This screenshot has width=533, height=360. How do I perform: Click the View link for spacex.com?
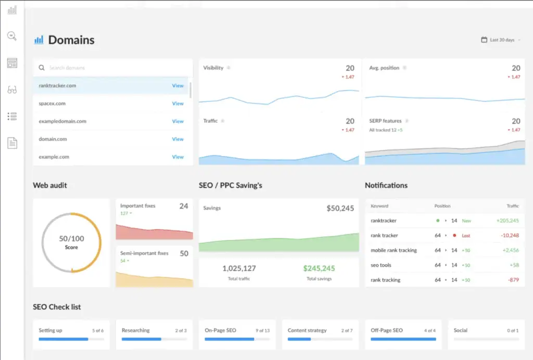pyautogui.click(x=177, y=104)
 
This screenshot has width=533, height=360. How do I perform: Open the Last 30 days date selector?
pyautogui.click(x=502, y=40)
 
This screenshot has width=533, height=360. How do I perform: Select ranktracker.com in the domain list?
pyautogui.click(x=58, y=86)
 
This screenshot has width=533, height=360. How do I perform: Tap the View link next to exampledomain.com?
pyautogui.click(x=177, y=121)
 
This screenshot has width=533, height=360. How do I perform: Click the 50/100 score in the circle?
pyautogui.click(x=71, y=239)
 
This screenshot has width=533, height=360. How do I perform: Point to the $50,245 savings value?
pyautogui.click(x=340, y=208)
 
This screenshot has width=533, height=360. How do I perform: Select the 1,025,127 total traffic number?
pyautogui.click(x=239, y=268)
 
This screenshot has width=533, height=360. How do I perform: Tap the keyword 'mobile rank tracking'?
pyautogui.click(x=394, y=250)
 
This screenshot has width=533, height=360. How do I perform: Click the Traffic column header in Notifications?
pyautogui.click(x=513, y=206)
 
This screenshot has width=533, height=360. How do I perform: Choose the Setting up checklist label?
pyautogui.click(x=50, y=330)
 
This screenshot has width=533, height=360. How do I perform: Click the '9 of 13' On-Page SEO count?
pyautogui.click(x=262, y=330)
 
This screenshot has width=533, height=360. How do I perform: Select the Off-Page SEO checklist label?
pyautogui.click(x=387, y=330)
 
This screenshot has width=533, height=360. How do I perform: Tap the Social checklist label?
pyautogui.click(x=461, y=330)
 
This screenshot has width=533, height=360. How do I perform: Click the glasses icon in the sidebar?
pyautogui.click(x=12, y=89)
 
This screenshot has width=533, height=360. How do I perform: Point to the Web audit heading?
pyautogui.click(x=50, y=185)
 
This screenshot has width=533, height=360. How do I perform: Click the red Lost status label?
pyautogui.click(x=466, y=236)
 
